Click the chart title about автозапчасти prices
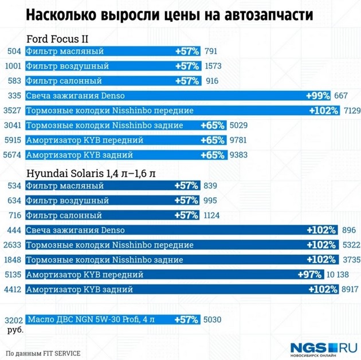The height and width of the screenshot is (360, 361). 170,15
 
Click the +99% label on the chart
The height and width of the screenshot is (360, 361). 318,95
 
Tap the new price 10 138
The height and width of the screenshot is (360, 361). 338,275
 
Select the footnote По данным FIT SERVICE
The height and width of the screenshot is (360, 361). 43,353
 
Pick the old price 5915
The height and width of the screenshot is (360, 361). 13,140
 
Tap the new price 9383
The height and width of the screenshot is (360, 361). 238,155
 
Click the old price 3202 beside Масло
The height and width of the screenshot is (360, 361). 13,319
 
